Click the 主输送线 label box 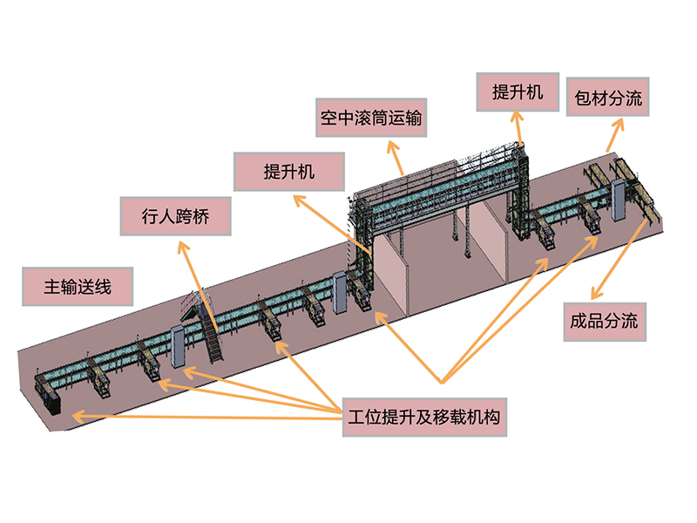(x=78, y=286)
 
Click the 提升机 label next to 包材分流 (x=518, y=92)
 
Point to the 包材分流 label (x=608, y=98)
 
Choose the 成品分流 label (x=604, y=320)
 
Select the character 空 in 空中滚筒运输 (x=328, y=117)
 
